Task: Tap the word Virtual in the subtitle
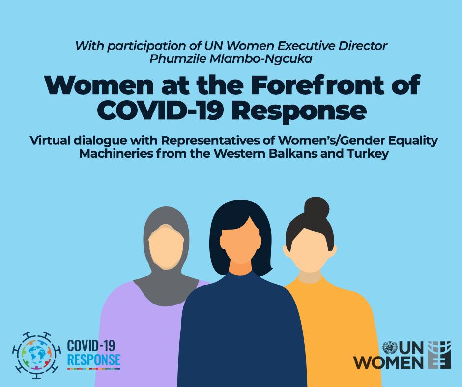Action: (50, 140)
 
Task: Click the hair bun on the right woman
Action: (317, 207)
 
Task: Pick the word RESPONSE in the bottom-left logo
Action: (94, 359)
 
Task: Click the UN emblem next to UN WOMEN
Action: (390, 348)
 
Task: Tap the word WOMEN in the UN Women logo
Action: (390, 362)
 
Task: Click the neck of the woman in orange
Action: (309, 277)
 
